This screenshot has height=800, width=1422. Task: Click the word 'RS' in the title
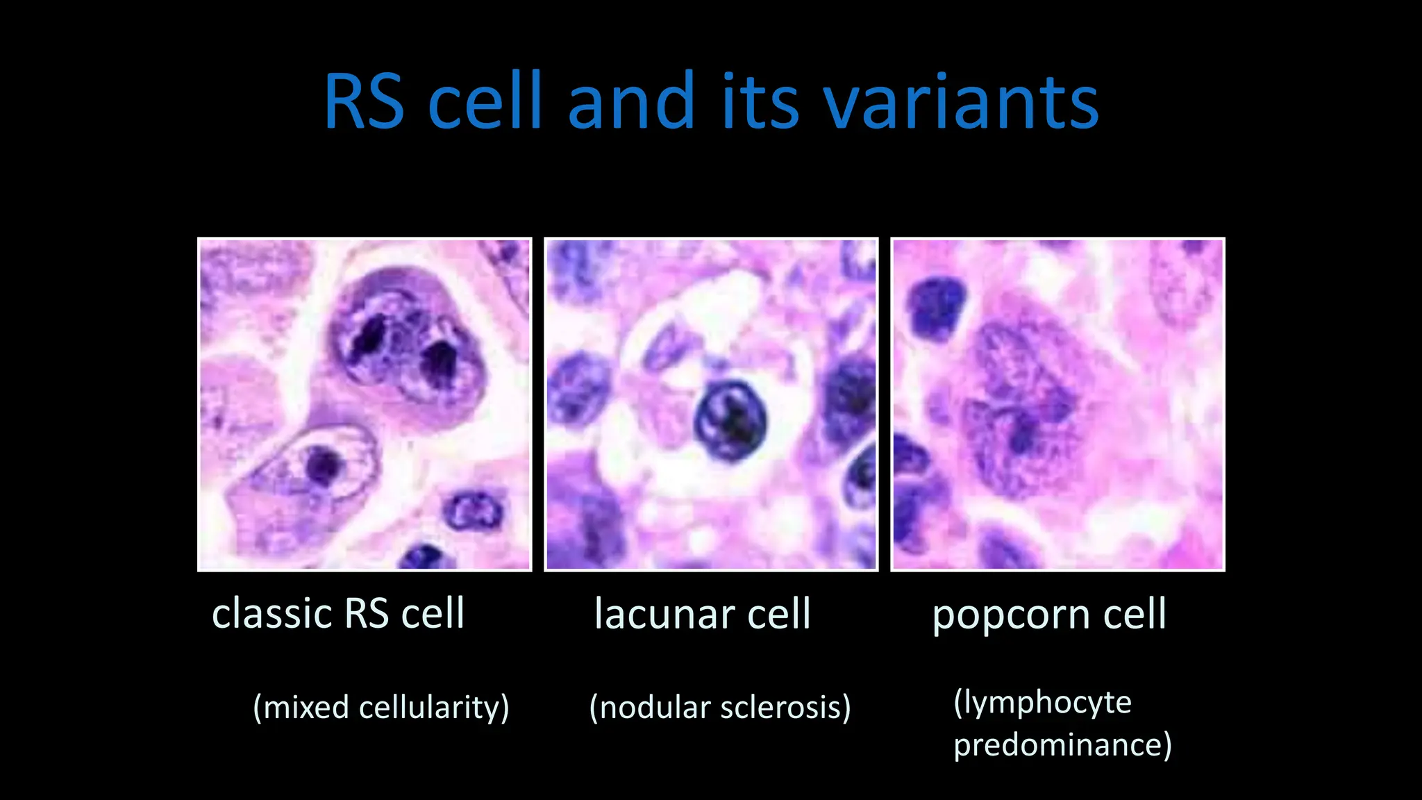tap(364, 102)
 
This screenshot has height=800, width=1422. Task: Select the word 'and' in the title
tap(631, 102)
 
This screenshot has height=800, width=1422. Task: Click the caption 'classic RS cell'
tap(338, 614)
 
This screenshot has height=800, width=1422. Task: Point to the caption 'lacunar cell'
tap(703, 614)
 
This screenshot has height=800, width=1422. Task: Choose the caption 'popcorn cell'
tap(1049, 614)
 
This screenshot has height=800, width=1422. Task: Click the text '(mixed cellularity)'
tap(381, 708)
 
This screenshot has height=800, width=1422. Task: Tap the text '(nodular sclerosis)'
tap(720, 708)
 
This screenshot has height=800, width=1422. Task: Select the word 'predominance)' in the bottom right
tap(1062, 744)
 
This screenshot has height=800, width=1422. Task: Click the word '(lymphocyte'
tap(1042, 702)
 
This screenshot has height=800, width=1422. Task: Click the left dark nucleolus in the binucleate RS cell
tap(365, 342)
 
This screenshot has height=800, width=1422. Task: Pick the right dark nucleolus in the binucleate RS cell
tap(440, 362)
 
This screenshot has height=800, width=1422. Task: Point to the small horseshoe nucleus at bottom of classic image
tap(474, 512)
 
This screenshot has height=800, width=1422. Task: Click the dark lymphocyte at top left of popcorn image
tap(937, 308)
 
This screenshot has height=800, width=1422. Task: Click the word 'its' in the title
tap(760, 102)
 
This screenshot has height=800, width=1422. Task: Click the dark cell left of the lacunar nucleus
tap(578, 386)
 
